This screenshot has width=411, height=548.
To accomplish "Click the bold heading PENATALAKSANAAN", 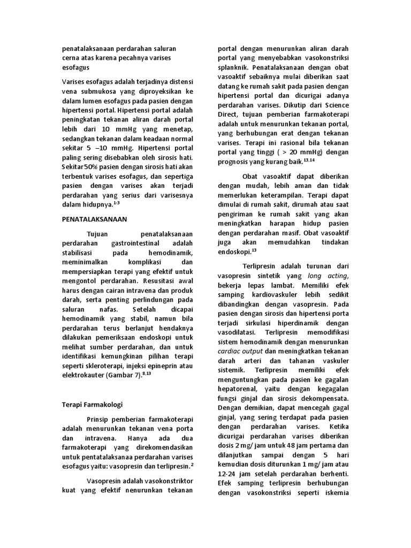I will [95, 219].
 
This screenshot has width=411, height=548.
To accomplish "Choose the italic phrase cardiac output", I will [240, 350].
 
